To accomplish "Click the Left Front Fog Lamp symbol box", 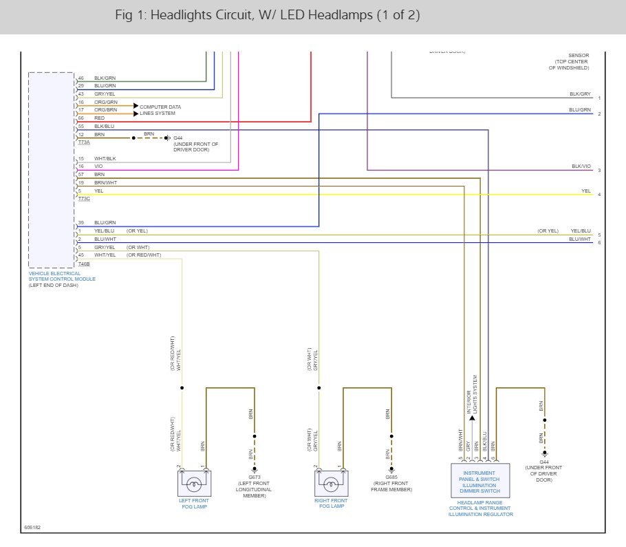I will click(194, 484).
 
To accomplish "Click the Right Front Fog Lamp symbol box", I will click(332, 484).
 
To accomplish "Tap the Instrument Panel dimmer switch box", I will click(480, 480).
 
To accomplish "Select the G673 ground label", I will click(255, 477).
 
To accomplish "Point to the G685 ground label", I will click(391, 477).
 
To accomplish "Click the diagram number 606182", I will click(32, 528).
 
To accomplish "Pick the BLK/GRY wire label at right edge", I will click(580, 94).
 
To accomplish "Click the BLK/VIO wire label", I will click(581, 166).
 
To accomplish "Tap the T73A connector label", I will click(84, 142).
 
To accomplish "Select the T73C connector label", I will click(84, 198).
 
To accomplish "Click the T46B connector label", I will click(84, 264).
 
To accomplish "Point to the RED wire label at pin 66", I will click(100, 118).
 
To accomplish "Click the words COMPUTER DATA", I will click(160, 107).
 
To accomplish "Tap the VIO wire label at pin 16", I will click(98, 166).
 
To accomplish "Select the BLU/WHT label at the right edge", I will click(579, 239).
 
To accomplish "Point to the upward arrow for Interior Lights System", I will click(472, 417).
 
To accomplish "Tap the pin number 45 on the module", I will click(80, 255).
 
